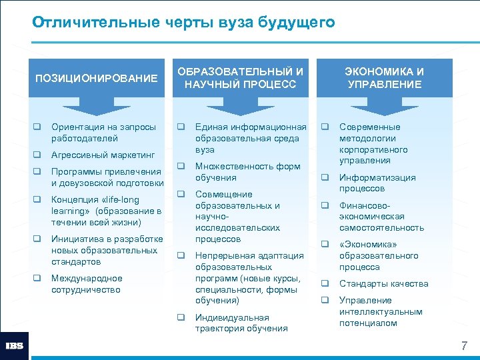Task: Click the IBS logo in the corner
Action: coord(14,345)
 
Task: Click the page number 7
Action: coord(464,346)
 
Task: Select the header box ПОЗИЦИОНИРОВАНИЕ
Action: coord(96,79)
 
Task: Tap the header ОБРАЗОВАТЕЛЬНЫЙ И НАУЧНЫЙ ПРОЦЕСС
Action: coord(241,78)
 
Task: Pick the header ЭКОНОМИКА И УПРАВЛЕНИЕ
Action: coord(385,78)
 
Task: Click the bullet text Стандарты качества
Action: coord(383,284)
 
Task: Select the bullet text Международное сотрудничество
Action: coord(87,284)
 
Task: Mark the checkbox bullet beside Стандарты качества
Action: coord(326,284)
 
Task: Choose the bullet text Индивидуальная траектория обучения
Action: coord(241,323)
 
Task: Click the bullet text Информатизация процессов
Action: coord(377,183)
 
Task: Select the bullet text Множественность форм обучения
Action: coord(247,172)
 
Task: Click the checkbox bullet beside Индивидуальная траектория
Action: coord(181,317)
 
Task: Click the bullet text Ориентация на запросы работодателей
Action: coord(103,133)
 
